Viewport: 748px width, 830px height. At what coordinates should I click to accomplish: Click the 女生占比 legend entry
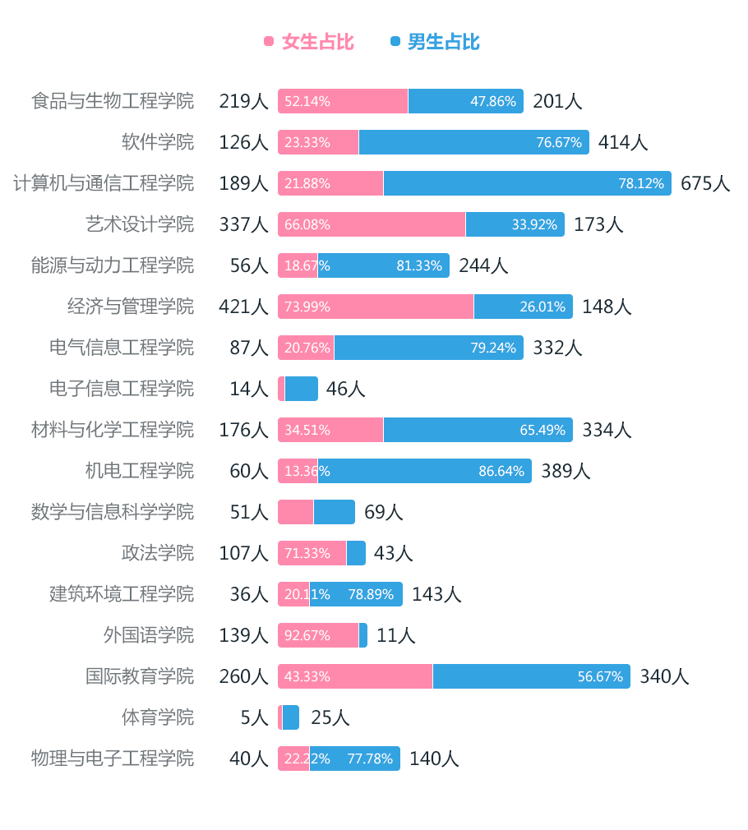pos(309,42)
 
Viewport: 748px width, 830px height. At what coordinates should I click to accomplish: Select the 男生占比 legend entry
pos(435,42)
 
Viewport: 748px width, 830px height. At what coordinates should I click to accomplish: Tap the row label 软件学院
pos(158,142)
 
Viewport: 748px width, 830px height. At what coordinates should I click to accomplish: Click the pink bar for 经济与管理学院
pos(376,307)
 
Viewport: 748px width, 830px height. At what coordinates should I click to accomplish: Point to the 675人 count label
pos(705,183)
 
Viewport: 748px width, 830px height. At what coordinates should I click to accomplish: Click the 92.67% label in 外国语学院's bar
pos(307,635)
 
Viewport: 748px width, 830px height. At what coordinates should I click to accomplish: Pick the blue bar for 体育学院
pos(291,717)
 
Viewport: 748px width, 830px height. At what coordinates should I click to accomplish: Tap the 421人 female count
pos(243,307)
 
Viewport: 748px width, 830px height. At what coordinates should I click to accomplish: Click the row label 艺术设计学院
pos(140,224)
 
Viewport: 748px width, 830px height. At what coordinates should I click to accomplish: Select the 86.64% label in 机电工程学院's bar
pos(501,471)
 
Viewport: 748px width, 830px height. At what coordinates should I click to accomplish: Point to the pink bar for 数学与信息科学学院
pos(296,512)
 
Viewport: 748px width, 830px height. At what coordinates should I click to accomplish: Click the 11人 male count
pos(396,635)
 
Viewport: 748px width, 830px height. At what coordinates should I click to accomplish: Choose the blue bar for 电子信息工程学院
pos(302,389)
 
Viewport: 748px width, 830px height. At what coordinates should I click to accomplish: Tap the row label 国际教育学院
pos(140,676)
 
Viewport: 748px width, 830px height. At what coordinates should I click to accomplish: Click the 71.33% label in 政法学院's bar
pos(307,553)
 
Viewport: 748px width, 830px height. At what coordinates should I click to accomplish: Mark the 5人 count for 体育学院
pos(254,717)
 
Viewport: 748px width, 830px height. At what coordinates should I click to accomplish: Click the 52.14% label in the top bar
pos(307,101)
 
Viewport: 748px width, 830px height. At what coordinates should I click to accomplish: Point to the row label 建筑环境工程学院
pos(122,594)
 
